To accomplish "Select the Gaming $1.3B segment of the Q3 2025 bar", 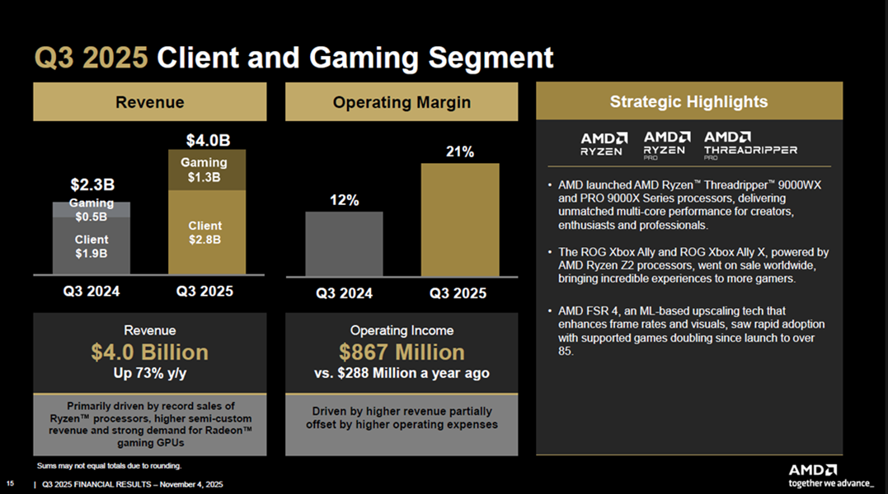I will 208,170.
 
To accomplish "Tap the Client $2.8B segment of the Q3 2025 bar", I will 208,232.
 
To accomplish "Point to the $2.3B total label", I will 91,183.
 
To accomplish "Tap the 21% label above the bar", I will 460,152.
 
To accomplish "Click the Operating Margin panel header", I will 402,102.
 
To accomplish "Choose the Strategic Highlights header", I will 688,102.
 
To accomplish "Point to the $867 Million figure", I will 402,352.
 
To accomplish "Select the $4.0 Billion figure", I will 149,352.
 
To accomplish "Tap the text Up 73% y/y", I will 149,373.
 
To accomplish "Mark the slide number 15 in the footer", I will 10,483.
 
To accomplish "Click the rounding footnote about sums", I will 109,466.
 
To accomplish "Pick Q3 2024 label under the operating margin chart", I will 344,293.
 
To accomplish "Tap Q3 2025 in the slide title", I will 91,58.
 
